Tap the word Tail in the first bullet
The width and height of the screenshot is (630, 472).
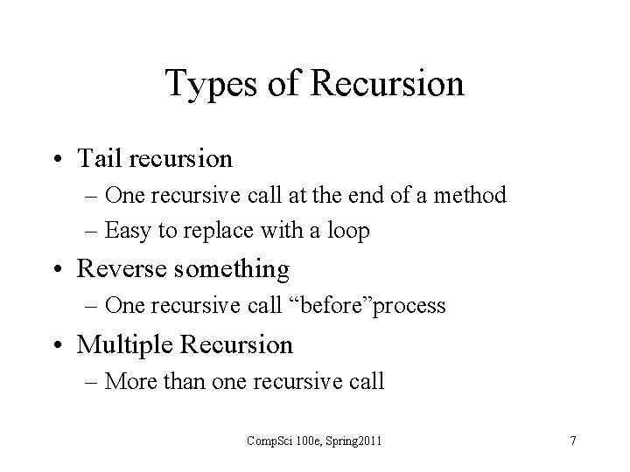[98, 158]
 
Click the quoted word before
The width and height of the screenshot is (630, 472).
[340, 306]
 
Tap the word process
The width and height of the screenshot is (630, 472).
[413, 307]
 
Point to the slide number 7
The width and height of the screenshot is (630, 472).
[572, 441]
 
